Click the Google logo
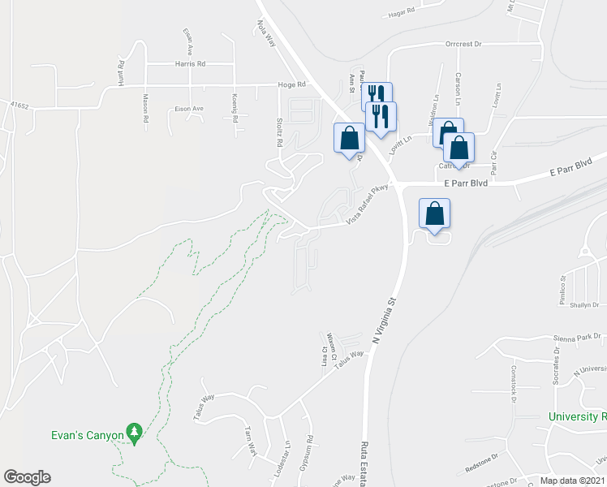pos(27,477)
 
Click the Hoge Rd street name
pos(291,84)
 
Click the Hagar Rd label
pos(401,13)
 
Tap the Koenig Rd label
pos(235,111)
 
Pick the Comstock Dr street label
pos(514,381)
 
